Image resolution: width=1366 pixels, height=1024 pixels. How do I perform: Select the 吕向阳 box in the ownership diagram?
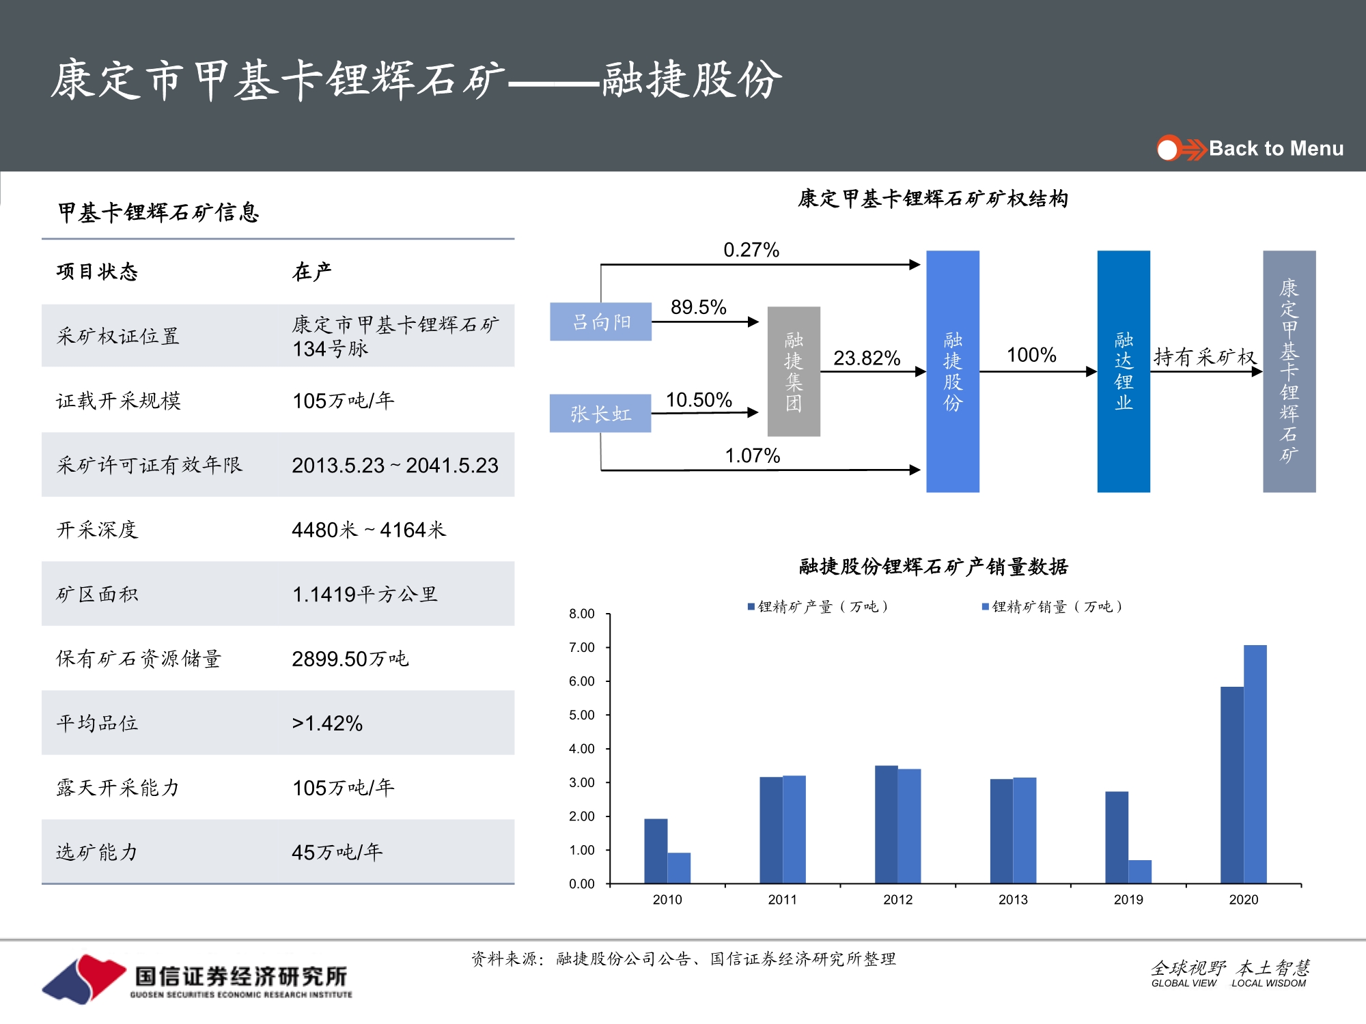coord(600,322)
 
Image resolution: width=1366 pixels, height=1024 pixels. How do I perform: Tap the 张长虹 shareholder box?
coord(600,414)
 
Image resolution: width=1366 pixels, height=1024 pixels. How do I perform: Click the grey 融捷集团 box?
coord(794,371)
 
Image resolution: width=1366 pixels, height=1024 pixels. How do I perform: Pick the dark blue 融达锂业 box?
coord(1124,371)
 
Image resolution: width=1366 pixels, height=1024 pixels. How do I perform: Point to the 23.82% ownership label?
coord(867,358)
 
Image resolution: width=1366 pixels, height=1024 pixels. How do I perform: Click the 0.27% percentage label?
coord(751,250)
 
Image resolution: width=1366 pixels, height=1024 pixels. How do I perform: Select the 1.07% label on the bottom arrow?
coord(752,455)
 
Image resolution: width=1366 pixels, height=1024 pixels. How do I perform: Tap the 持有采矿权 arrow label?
coord(1205,356)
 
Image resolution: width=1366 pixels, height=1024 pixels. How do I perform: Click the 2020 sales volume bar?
coord(1255,764)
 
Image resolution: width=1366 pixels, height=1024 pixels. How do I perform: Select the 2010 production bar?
coord(656,851)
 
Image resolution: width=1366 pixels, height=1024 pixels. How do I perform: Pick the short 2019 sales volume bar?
coord(1140,872)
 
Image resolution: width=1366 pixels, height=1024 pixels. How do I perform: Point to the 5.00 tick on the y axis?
coord(581,715)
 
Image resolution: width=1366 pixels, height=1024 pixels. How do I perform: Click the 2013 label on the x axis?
coord(1013,900)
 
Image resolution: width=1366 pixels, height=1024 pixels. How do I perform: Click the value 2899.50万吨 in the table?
coord(350,659)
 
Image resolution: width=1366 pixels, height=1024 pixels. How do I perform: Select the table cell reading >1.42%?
coord(327,723)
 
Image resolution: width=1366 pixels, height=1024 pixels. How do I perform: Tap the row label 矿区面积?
coord(97,594)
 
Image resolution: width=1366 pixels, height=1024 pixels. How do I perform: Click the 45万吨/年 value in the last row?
coord(337,852)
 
